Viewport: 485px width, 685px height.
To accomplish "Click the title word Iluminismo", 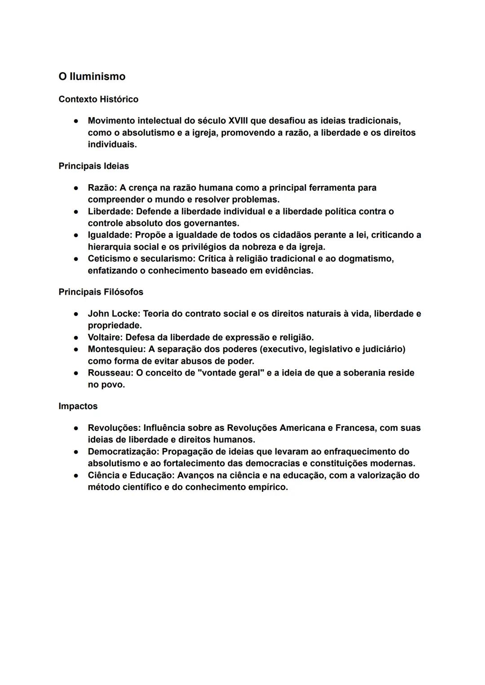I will point(97,76).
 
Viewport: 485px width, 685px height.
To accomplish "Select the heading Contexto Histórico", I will point(98,99).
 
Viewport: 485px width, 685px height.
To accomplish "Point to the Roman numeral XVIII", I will point(238,121).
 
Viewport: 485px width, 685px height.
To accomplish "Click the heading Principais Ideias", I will point(93,166).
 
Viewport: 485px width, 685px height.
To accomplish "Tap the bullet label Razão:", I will point(102,188).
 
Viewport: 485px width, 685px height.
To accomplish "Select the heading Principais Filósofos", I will point(101,292).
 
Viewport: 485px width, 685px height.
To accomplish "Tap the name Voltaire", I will point(105,337).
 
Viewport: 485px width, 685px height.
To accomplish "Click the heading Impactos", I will point(78,406).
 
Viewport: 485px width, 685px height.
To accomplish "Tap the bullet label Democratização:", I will point(123,451).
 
